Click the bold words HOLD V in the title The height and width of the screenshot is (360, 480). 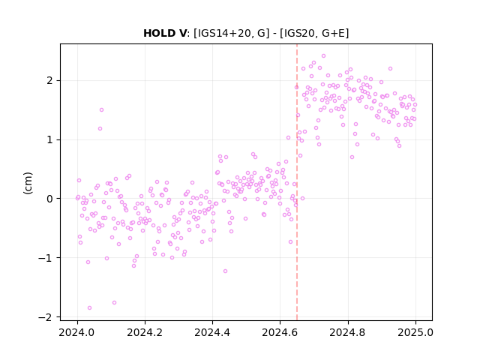(165, 33)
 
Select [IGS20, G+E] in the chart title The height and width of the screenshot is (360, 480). (313, 33)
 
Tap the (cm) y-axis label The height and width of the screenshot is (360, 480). (28, 183)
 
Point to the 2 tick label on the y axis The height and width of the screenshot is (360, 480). (49, 81)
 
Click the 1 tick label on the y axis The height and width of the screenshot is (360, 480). (49, 140)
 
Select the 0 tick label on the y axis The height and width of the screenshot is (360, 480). (49, 199)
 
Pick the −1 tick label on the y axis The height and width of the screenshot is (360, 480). (45, 258)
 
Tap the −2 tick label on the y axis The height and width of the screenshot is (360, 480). (45, 317)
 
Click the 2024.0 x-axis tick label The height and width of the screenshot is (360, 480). (77, 332)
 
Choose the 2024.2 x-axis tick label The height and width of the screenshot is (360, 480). (145, 332)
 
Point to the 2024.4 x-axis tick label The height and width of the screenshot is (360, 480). (212, 332)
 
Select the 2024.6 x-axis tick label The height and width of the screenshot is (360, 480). (280, 332)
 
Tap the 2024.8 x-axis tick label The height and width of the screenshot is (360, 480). (347, 332)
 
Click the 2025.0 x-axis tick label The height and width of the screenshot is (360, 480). (415, 332)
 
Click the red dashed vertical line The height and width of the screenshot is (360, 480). (297, 182)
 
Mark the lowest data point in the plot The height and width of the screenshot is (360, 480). (89, 308)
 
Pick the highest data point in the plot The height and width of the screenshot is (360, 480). (323, 56)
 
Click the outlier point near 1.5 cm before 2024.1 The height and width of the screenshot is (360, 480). (102, 110)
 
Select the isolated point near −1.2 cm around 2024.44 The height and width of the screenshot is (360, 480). (225, 271)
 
